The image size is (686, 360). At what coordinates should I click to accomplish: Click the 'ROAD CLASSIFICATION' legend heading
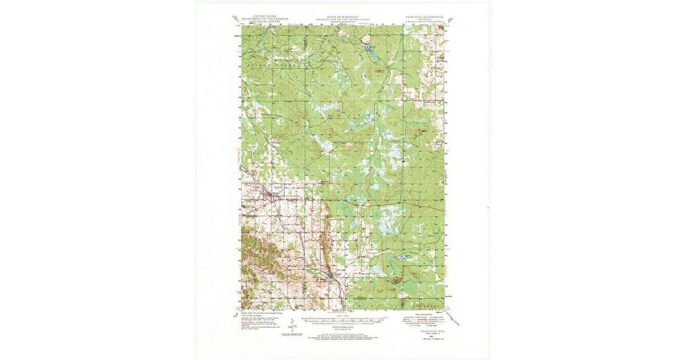[424, 315]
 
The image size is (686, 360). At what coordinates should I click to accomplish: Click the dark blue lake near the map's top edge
[369, 50]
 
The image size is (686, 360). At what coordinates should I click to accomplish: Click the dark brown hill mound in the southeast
[396, 280]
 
